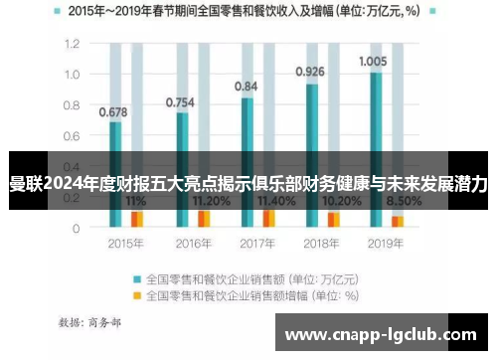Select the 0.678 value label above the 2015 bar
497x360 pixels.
point(113,111)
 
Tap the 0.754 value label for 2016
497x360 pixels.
point(180,101)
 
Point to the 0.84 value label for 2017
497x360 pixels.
point(246,87)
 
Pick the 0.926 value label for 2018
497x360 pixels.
point(310,72)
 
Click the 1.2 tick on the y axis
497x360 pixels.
point(72,45)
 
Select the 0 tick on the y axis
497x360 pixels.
point(76,228)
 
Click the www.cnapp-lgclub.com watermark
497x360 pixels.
point(382,335)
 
